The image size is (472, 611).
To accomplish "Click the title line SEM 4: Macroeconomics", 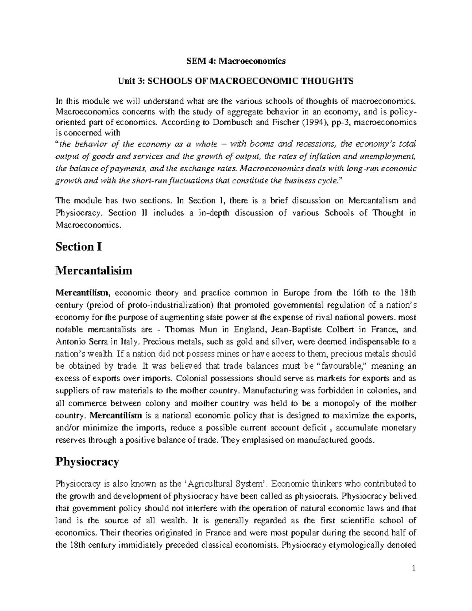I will click(x=236, y=61).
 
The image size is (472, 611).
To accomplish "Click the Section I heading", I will click(x=79, y=247).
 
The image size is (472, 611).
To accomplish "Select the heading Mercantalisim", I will click(x=94, y=271).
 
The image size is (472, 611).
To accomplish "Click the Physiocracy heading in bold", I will click(x=87, y=461).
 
